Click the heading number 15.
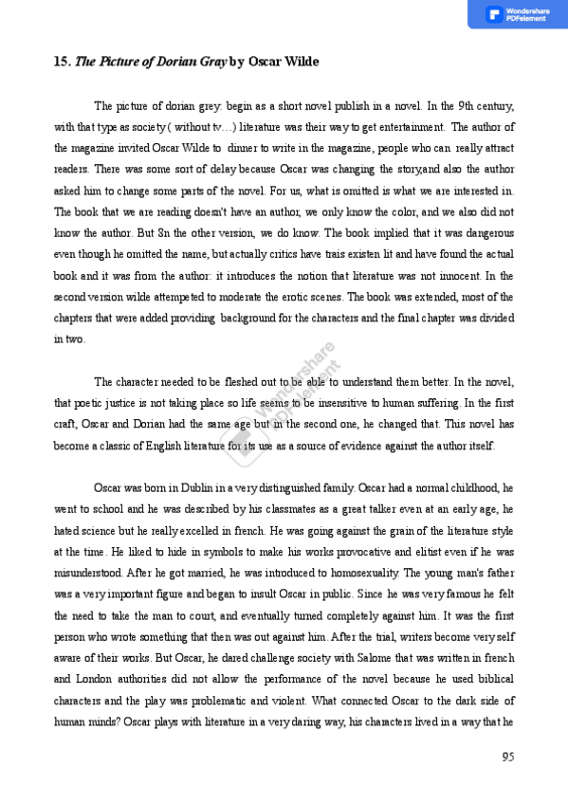[x=62, y=63]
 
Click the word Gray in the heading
[x=211, y=63]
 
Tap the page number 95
[x=507, y=756]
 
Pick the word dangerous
[x=487, y=232]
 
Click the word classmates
[x=284, y=509]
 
